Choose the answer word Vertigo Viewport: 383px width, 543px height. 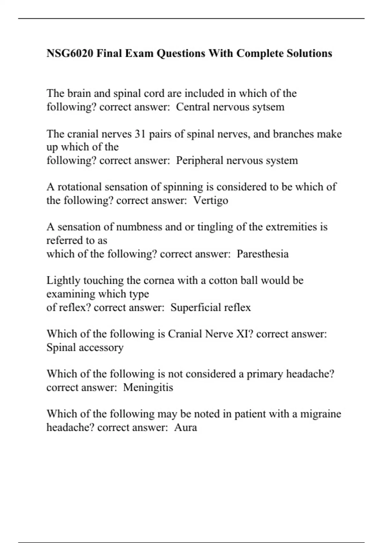coord(211,200)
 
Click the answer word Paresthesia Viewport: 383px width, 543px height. coord(262,254)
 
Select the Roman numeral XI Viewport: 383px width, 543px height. coord(244,334)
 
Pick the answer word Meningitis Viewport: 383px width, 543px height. coord(148,387)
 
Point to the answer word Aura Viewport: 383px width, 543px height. coord(185,427)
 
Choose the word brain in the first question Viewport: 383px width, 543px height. coord(79,93)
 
